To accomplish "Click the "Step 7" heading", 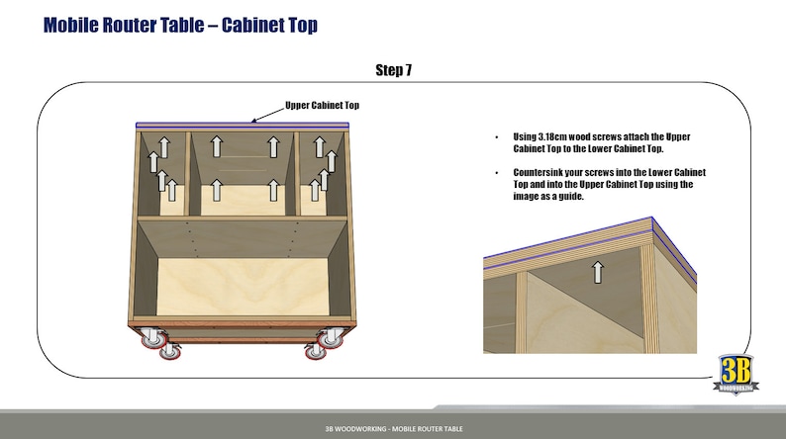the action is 394,69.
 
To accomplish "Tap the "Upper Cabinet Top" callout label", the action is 322,105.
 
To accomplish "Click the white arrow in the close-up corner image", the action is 597,272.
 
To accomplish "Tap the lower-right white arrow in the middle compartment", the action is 271,188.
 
